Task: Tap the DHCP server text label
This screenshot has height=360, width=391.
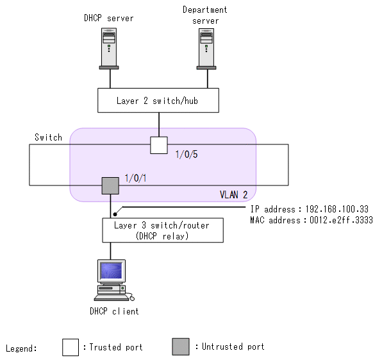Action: tap(109, 18)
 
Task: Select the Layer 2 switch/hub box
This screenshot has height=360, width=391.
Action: tap(158, 101)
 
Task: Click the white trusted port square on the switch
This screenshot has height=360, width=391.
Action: tap(158, 145)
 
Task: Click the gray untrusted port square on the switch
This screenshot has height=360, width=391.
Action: tap(110, 186)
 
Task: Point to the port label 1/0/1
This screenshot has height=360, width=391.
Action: tap(136, 178)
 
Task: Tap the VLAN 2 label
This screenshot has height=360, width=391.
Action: tap(233, 193)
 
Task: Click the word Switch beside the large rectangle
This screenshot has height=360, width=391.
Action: tap(48, 137)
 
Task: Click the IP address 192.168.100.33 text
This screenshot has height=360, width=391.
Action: tap(311, 209)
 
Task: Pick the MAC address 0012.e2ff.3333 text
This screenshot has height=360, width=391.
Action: tap(311, 220)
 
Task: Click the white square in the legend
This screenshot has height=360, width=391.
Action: tap(71, 347)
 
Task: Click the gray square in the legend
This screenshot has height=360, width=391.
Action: tap(181, 347)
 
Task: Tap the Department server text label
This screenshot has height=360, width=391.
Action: tap(205, 15)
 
